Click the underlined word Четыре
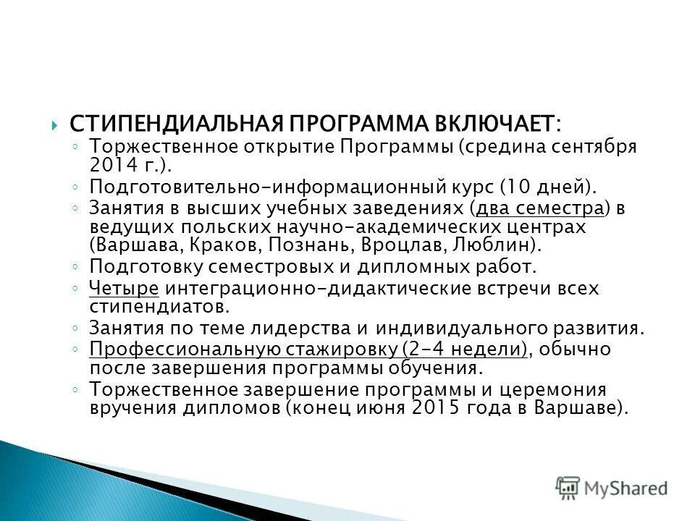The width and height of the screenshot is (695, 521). (x=124, y=289)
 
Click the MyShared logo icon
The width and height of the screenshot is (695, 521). (x=568, y=488)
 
